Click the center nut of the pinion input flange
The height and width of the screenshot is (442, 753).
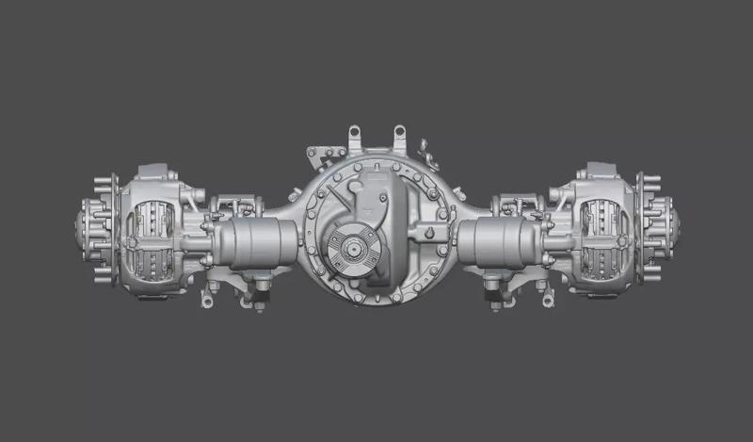352,251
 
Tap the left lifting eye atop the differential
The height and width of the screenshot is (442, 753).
355,135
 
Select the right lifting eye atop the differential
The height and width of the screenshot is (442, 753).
399,135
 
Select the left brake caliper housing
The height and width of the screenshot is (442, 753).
152,231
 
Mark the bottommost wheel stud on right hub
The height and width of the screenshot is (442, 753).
650,276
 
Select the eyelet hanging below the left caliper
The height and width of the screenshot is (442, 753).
205,301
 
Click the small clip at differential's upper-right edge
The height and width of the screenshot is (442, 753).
425,148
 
